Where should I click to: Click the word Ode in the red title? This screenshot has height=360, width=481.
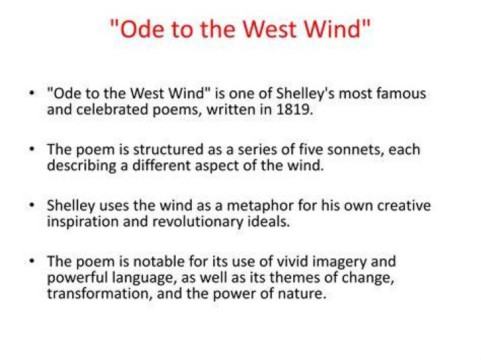pos(142,29)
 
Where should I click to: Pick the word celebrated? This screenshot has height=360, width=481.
pos(112,110)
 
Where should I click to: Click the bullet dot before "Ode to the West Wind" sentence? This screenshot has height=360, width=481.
pos(31,93)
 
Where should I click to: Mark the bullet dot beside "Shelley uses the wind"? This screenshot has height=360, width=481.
pos(31,204)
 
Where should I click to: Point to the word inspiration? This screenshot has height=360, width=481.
pos(83,222)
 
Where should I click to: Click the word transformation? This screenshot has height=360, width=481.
pos(100,294)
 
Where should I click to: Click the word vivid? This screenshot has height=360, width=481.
pos(293,261)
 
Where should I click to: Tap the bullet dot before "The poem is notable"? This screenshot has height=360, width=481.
pos(31,260)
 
